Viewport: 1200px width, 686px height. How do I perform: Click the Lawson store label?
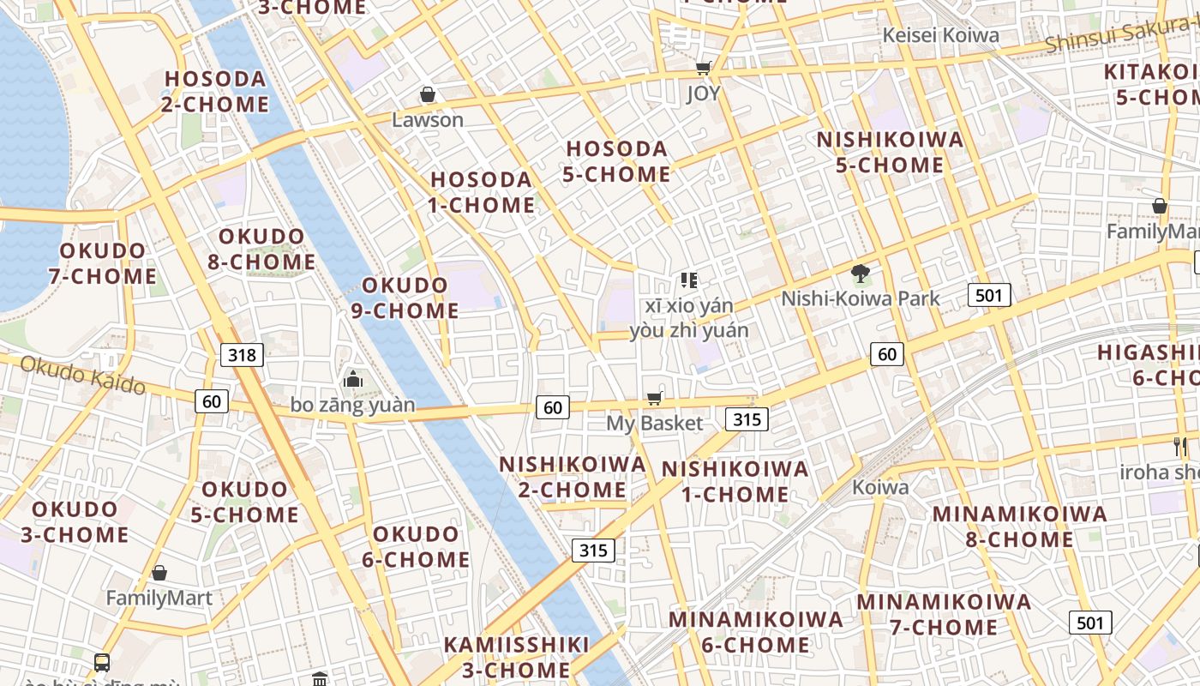pos(428,120)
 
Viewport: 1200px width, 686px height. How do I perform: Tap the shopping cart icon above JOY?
pos(704,68)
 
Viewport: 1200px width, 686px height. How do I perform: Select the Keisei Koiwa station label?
pos(941,35)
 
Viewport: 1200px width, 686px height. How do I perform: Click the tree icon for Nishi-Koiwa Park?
pos(861,274)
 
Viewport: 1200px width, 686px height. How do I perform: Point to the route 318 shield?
pos(242,354)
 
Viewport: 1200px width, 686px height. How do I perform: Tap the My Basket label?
pos(654,423)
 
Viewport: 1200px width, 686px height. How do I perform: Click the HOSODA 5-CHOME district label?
pos(617,161)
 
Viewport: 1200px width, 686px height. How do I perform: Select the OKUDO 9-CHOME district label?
pos(405,298)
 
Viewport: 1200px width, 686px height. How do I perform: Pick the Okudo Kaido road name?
pos(82,376)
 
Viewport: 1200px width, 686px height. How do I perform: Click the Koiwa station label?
pos(880,487)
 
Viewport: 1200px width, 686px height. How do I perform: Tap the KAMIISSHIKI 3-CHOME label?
pos(516,657)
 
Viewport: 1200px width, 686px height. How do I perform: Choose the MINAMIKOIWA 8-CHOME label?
pos(1020,527)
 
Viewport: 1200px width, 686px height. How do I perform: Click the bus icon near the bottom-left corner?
pos(102,662)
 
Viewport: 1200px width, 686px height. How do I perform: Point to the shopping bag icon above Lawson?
pos(427,94)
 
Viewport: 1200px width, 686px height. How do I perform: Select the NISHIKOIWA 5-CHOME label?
pos(890,152)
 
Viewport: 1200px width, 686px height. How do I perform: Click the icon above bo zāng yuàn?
pos(352,378)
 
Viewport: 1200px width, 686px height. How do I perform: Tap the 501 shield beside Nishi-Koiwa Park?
pos(989,296)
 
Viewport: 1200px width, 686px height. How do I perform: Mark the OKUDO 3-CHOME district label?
pos(75,521)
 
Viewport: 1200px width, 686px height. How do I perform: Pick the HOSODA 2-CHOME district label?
pos(216,91)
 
